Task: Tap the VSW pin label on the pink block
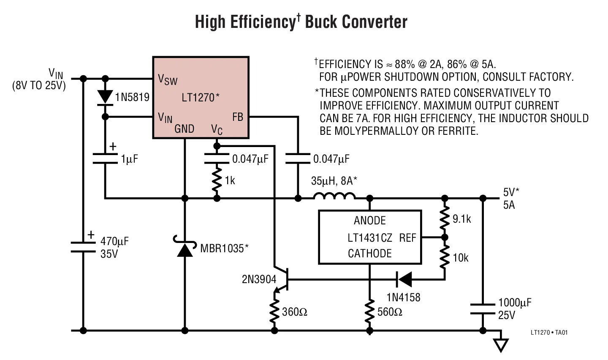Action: [167, 79]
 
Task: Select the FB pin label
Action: [238, 117]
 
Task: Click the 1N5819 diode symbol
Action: [105, 97]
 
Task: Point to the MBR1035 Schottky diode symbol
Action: [185, 248]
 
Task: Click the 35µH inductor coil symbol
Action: [334, 196]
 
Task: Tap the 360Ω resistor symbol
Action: [275, 311]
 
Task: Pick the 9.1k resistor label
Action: [461, 219]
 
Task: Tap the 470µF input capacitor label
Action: [114, 242]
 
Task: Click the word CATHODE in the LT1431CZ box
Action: [369, 254]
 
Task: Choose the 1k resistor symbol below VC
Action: [217, 180]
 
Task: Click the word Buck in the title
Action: [321, 22]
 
